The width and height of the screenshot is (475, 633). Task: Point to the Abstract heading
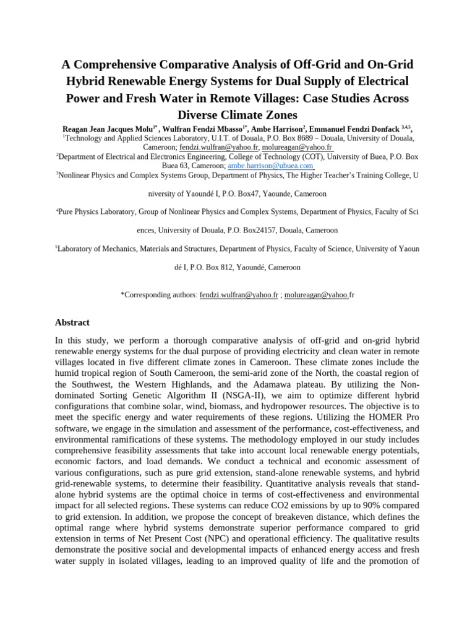tap(72, 322)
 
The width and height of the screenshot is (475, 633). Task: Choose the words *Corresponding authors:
tap(159, 295)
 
